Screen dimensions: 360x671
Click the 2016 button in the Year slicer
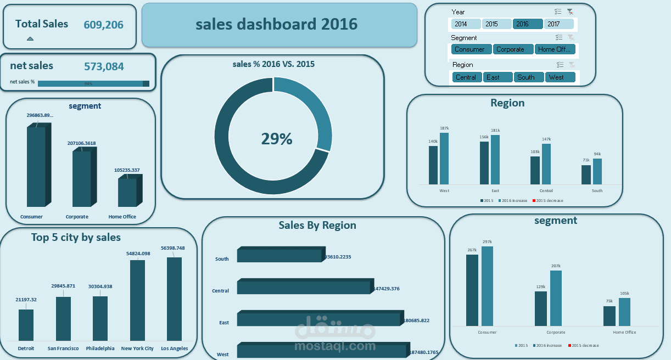click(528, 24)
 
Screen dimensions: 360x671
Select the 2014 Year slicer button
click(466, 24)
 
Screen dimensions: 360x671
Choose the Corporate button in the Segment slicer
click(513, 49)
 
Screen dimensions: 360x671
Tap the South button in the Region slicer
click(528, 77)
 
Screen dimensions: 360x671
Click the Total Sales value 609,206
click(103, 25)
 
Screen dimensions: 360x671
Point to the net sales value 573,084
click(104, 67)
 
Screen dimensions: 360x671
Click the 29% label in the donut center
click(277, 139)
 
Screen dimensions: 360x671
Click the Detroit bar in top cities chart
click(26, 325)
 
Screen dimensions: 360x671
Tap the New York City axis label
click(137, 348)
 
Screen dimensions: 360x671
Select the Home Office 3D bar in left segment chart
click(127, 192)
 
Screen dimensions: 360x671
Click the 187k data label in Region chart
click(444, 128)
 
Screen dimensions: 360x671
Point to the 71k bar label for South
click(586, 160)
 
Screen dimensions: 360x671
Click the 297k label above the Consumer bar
click(487, 241)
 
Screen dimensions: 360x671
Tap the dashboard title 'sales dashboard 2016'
click(276, 24)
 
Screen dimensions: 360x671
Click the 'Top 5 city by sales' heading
click(76, 238)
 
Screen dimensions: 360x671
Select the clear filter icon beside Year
click(570, 12)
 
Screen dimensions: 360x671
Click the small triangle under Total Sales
click(30, 38)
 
